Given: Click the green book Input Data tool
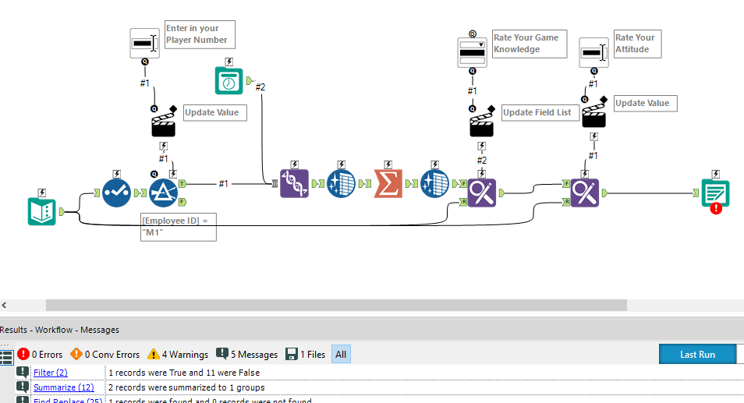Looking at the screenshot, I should pyautogui.click(x=42, y=211).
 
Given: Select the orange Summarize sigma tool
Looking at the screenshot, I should pyautogui.click(x=388, y=184).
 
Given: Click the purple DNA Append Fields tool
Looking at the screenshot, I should pyautogui.click(x=295, y=184).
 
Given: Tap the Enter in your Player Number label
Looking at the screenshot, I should pyautogui.click(x=197, y=34).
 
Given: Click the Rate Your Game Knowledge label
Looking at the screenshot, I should pyautogui.click(x=525, y=44).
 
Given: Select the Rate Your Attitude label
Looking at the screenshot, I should pyautogui.click(x=636, y=43).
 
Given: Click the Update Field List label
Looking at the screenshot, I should pyautogui.click(x=537, y=112).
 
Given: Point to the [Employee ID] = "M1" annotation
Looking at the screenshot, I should pyautogui.click(x=178, y=227).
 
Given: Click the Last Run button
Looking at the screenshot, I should pyautogui.click(x=697, y=354).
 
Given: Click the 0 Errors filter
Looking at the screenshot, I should pyautogui.click(x=40, y=355).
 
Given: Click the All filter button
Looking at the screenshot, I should pyautogui.click(x=341, y=355).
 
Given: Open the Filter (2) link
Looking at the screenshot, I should pyautogui.click(x=50, y=373).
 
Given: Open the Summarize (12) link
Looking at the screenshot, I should pyautogui.click(x=63, y=387).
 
